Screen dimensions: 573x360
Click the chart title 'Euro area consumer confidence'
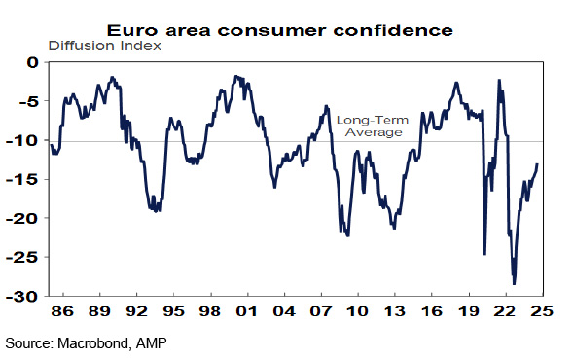pyautogui.click(x=279, y=30)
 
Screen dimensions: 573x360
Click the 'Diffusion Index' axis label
pyautogui.click(x=104, y=46)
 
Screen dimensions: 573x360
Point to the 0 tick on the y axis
pyautogui.click(x=32, y=62)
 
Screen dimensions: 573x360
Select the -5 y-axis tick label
pyautogui.click(x=28, y=101)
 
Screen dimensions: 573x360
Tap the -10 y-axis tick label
pyautogui.click(x=22, y=140)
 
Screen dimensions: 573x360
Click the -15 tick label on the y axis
pyautogui.click(x=22, y=179)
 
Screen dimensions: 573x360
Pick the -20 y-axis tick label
pyautogui.click(x=22, y=218)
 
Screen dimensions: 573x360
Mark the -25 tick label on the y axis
pyautogui.click(x=22, y=257)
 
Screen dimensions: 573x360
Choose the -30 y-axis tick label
pyautogui.click(x=22, y=296)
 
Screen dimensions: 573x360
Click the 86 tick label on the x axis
pyautogui.click(x=62, y=311)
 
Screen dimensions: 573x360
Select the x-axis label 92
pyautogui.click(x=136, y=311)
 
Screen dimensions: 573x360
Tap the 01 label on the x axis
pyautogui.click(x=247, y=311)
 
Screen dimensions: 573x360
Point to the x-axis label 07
pyautogui.click(x=320, y=311)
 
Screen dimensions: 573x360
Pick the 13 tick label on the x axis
pyautogui.click(x=395, y=311)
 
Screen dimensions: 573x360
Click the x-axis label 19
pyautogui.click(x=469, y=311)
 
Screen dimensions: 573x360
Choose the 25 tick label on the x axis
pyautogui.click(x=543, y=311)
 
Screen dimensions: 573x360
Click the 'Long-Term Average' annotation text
pyautogui.click(x=373, y=126)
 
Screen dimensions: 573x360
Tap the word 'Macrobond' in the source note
pyautogui.click(x=93, y=343)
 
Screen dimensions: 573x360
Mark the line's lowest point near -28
pyautogui.click(x=515, y=283)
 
